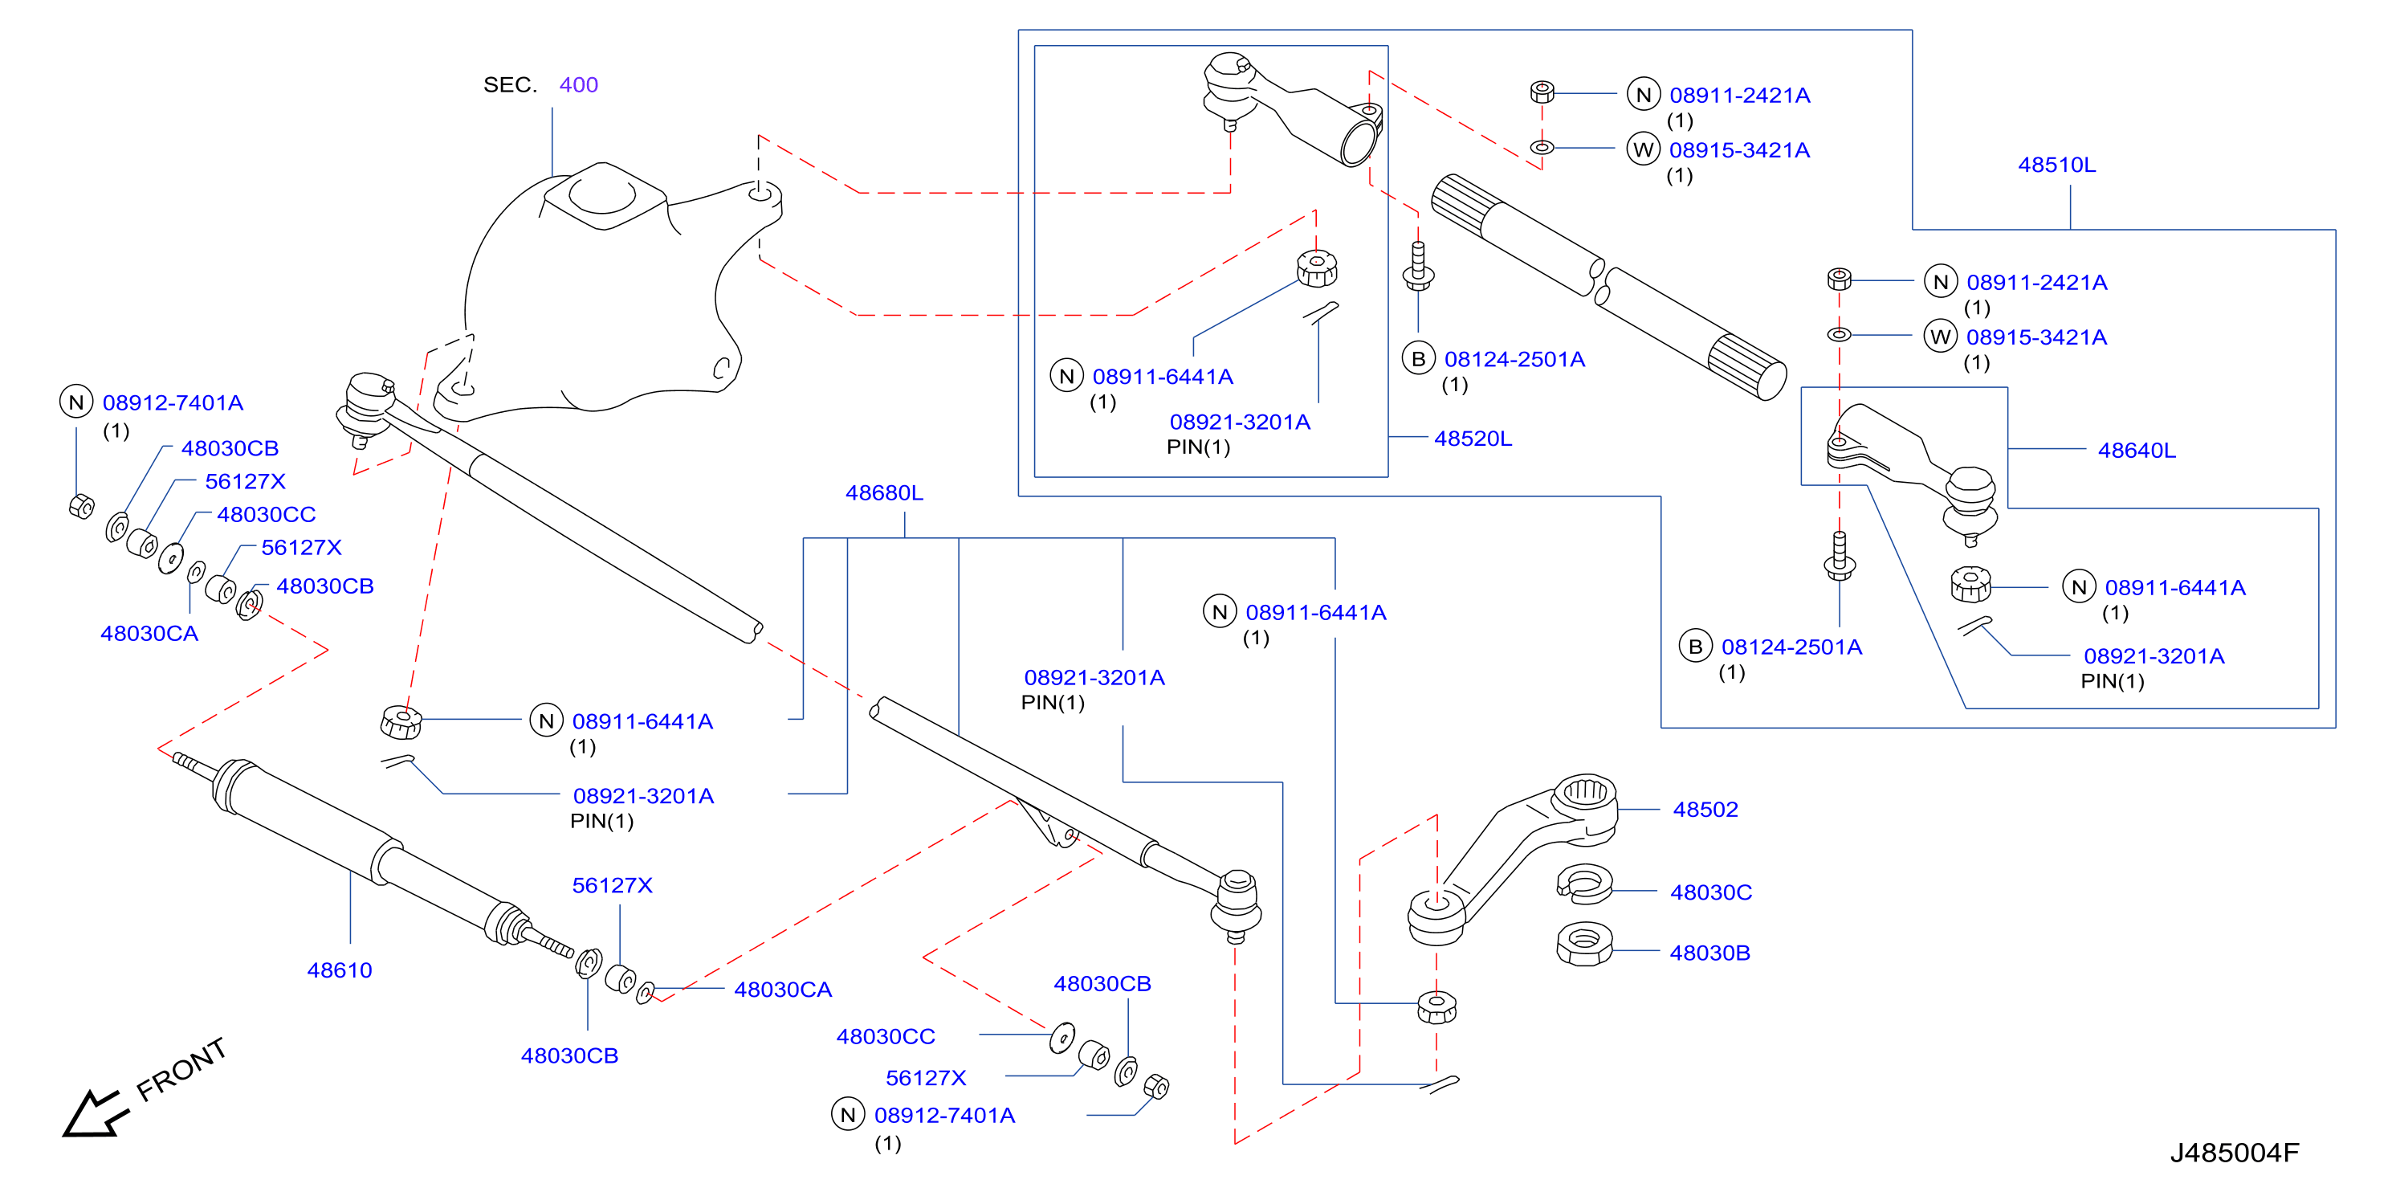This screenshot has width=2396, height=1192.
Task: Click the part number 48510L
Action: pyautogui.click(x=2056, y=165)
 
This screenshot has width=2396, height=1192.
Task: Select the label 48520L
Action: pyautogui.click(x=1473, y=439)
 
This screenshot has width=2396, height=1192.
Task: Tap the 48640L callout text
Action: pyautogui.click(x=2137, y=451)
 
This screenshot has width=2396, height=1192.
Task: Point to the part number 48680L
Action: pyautogui.click(x=883, y=492)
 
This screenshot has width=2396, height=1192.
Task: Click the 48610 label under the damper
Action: pyautogui.click(x=340, y=970)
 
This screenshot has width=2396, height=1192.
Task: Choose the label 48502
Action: pyautogui.click(x=1705, y=810)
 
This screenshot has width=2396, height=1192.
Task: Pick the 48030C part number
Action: pyautogui.click(x=1710, y=892)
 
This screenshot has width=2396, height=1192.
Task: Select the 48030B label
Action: pyautogui.click(x=1709, y=953)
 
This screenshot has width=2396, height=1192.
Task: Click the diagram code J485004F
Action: pyautogui.click(x=2234, y=1153)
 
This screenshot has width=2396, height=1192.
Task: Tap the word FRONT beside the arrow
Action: pyautogui.click(x=181, y=1069)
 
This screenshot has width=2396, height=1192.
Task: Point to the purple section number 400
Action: pyautogui.click(x=579, y=84)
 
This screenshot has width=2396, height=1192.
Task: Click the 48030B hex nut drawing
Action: pyautogui.click(x=1584, y=945)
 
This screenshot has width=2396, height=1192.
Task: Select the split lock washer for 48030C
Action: pyautogui.click(x=1584, y=884)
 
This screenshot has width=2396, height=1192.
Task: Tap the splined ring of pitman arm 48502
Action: pyautogui.click(x=1586, y=793)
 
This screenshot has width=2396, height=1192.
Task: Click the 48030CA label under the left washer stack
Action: pyautogui.click(x=149, y=634)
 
